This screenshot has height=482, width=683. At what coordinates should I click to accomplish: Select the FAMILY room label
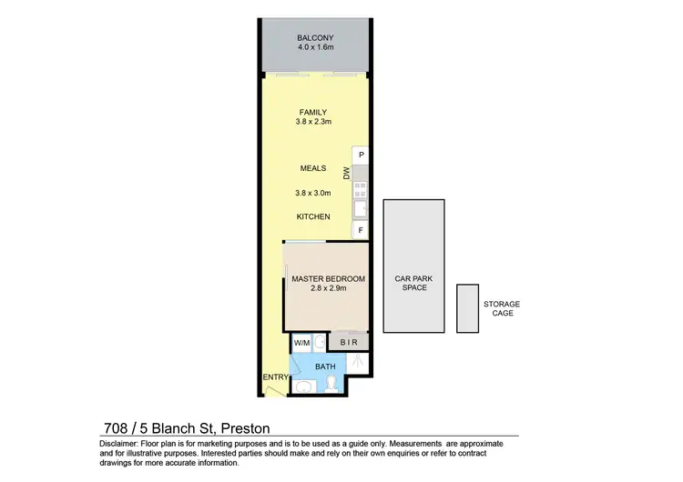tap(312, 113)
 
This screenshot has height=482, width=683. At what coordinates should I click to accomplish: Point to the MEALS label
tap(312, 168)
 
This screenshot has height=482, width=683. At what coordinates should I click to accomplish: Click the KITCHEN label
tap(312, 216)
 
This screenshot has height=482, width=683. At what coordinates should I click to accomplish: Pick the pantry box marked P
tap(361, 156)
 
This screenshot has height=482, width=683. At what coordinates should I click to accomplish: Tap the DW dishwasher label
tap(346, 173)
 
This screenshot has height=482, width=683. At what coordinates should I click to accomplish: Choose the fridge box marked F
tap(361, 231)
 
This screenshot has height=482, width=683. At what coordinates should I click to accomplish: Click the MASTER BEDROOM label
tap(328, 278)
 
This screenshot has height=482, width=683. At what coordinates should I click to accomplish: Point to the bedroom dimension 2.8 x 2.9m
tap(328, 288)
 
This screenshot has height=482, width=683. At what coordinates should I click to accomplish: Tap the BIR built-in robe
tap(349, 343)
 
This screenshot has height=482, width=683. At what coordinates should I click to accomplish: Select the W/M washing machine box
tap(301, 343)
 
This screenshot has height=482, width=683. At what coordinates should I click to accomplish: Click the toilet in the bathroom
tap(332, 385)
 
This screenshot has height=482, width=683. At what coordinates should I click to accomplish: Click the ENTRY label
tap(274, 377)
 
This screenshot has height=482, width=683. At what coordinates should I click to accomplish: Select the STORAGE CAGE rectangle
tap(467, 307)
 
